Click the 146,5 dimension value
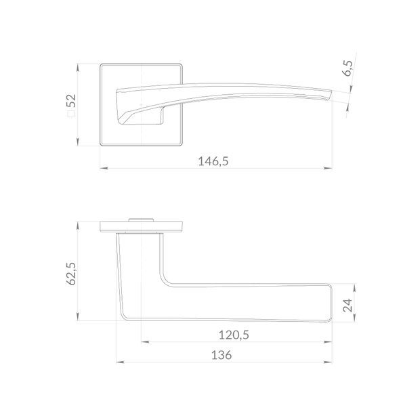(213, 161)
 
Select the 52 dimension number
(72, 101)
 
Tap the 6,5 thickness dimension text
(348, 68)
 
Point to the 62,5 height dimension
(71, 274)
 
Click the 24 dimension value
(348, 306)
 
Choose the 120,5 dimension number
(234, 335)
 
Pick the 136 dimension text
(222, 355)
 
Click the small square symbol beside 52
(71, 114)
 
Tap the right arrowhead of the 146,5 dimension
(328, 168)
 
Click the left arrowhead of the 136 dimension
(121, 362)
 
